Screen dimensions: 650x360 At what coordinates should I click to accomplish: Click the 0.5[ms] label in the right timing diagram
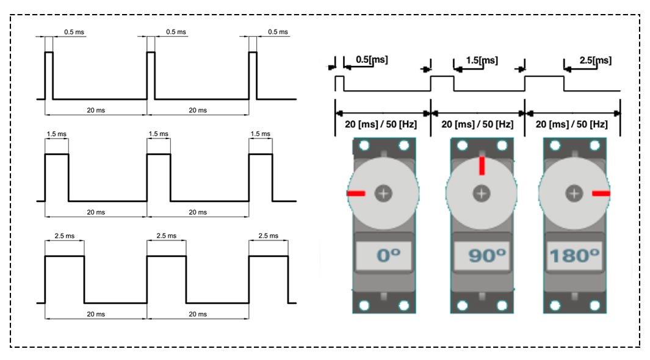372,60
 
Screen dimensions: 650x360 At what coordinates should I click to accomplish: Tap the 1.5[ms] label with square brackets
482,60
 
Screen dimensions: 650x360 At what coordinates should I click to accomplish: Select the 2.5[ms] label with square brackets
595,60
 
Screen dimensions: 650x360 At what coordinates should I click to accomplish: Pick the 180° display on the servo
574,256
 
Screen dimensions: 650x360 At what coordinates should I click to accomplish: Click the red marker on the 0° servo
356,193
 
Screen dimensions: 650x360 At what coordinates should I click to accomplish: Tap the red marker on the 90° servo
482,166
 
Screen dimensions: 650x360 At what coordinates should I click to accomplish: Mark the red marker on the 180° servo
601,193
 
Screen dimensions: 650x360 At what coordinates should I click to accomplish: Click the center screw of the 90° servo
482,193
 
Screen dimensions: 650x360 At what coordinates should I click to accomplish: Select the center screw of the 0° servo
383,193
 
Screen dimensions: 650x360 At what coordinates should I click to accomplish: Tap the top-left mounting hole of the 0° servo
364,145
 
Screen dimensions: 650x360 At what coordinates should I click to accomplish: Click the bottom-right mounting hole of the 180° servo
594,306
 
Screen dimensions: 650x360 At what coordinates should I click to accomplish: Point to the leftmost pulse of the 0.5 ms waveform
49,76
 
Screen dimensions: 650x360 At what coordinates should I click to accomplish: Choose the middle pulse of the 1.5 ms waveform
159,178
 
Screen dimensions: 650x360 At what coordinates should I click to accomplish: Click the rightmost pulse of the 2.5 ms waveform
269,279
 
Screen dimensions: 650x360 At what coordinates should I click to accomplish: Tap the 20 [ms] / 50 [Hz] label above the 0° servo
381,124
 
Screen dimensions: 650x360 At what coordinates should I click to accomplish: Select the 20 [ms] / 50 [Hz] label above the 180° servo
572,124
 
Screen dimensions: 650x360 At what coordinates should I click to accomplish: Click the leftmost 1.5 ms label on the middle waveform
56,134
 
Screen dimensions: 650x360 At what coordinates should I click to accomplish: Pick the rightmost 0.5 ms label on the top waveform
278,32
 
